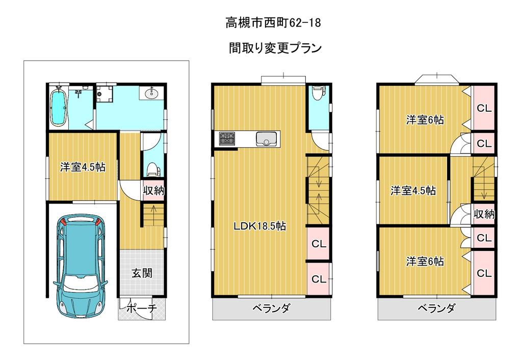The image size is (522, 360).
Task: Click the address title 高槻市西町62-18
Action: tap(273, 22)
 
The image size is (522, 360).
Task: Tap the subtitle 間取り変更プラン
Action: tap(275, 48)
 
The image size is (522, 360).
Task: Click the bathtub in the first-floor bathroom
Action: tap(59, 107)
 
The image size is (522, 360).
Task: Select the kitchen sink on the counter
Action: tap(266, 139)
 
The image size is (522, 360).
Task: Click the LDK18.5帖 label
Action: tap(259, 226)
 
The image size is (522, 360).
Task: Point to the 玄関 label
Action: tap(142, 273)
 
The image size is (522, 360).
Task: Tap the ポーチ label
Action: tap(142, 308)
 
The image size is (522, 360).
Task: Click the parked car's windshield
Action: tap(81, 282)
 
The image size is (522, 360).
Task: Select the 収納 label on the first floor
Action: tap(153, 191)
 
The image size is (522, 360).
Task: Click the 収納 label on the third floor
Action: tap(484, 214)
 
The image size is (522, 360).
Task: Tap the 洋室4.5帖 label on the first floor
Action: tap(83, 167)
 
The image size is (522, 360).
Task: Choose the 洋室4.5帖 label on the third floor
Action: tap(413, 191)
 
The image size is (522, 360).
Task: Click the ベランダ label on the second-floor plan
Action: tap(271, 308)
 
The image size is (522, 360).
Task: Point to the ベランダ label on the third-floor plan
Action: tap(436, 308)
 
